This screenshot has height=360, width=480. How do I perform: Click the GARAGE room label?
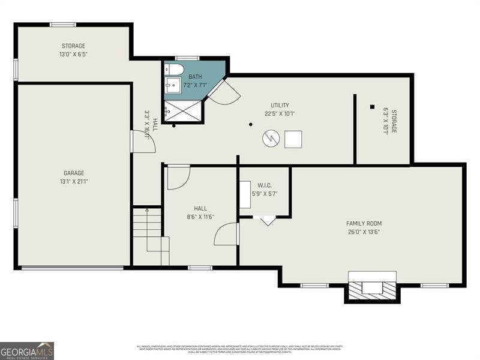click(x=74, y=173)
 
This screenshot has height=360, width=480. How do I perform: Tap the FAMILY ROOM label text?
click(x=364, y=223)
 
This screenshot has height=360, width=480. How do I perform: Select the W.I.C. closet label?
click(x=265, y=185)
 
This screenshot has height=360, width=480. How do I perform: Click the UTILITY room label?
click(x=280, y=104)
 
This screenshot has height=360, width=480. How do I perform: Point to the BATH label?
click(x=196, y=77)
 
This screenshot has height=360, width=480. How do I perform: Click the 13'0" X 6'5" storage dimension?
click(x=73, y=54)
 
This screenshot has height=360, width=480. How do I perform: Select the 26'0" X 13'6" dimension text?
click(x=364, y=232)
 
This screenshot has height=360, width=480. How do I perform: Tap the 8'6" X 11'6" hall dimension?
click(x=200, y=217)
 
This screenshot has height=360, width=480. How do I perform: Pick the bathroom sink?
click(x=173, y=86)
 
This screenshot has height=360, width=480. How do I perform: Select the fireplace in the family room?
click(x=372, y=287)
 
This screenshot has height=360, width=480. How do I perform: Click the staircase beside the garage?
click(x=149, y=234)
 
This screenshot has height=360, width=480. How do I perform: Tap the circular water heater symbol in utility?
click(x=271, y=139)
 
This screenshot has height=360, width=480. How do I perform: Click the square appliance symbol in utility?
click(x=293, y=139)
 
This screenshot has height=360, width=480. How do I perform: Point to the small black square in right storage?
click(x=372, y=107)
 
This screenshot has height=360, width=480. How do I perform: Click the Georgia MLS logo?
click(x=27, y=350)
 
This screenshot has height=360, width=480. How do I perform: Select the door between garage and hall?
click(x=143, y=142)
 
